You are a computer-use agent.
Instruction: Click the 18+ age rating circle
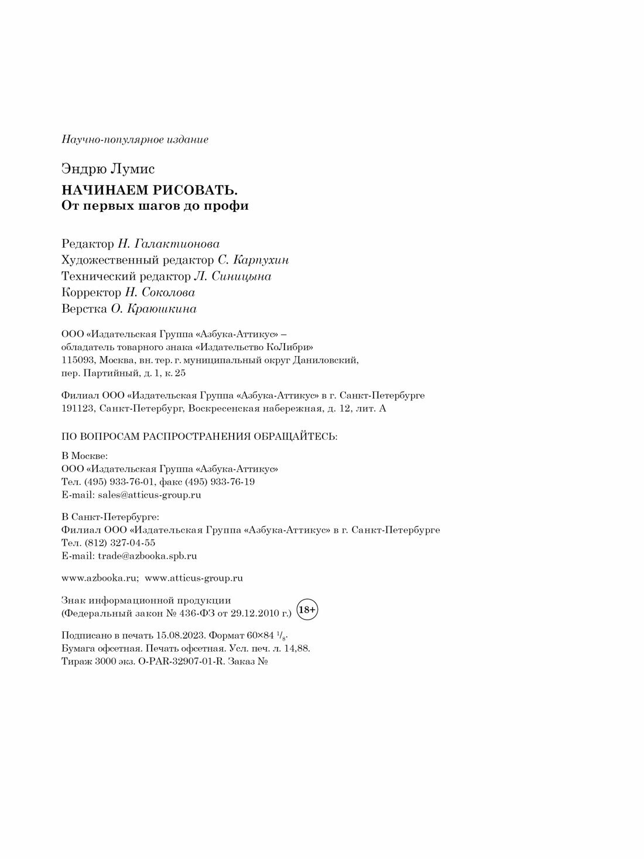point(307,610)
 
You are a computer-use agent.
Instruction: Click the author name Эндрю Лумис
point(108,170)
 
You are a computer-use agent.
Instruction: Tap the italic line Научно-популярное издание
point(135,140)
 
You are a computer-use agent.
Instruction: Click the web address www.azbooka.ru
point(99,578)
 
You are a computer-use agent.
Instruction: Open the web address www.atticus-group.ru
point(194,578)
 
